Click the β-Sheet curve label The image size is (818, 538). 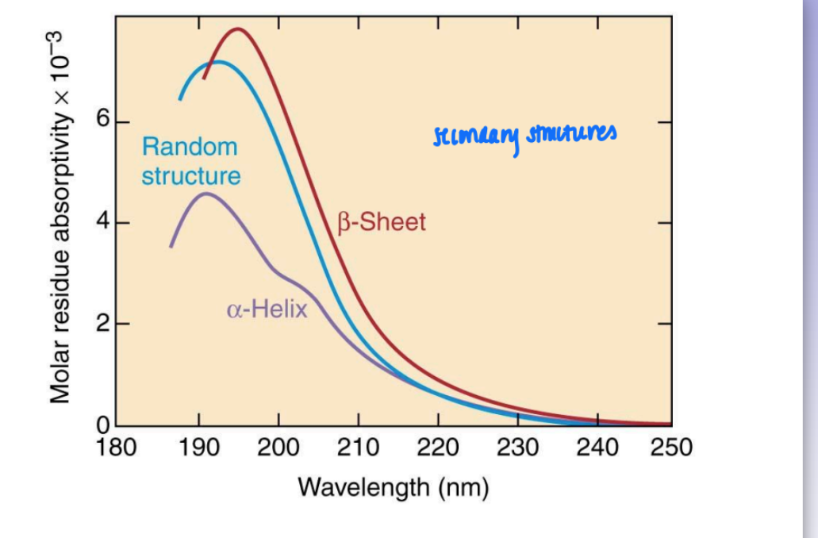[382, 222]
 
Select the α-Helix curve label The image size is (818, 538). [267, 309]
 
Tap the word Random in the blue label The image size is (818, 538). [190, 147]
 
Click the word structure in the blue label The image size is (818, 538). [191, 175]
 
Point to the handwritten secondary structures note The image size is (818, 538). [524, 136]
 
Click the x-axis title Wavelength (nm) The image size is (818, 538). [393, 486]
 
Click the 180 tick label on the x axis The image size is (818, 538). [117, 448]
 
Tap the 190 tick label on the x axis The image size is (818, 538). [198, 448]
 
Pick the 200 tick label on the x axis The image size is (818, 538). [278, 448]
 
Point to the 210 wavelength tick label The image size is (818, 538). [358, 448]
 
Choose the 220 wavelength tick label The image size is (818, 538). [437, 448]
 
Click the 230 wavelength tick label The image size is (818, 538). [517, 448]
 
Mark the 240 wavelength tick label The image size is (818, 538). [597, 448]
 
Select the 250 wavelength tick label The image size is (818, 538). [671, 448]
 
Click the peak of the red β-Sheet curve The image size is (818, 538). [236, 29]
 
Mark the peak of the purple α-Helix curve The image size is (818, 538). [207, 193]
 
